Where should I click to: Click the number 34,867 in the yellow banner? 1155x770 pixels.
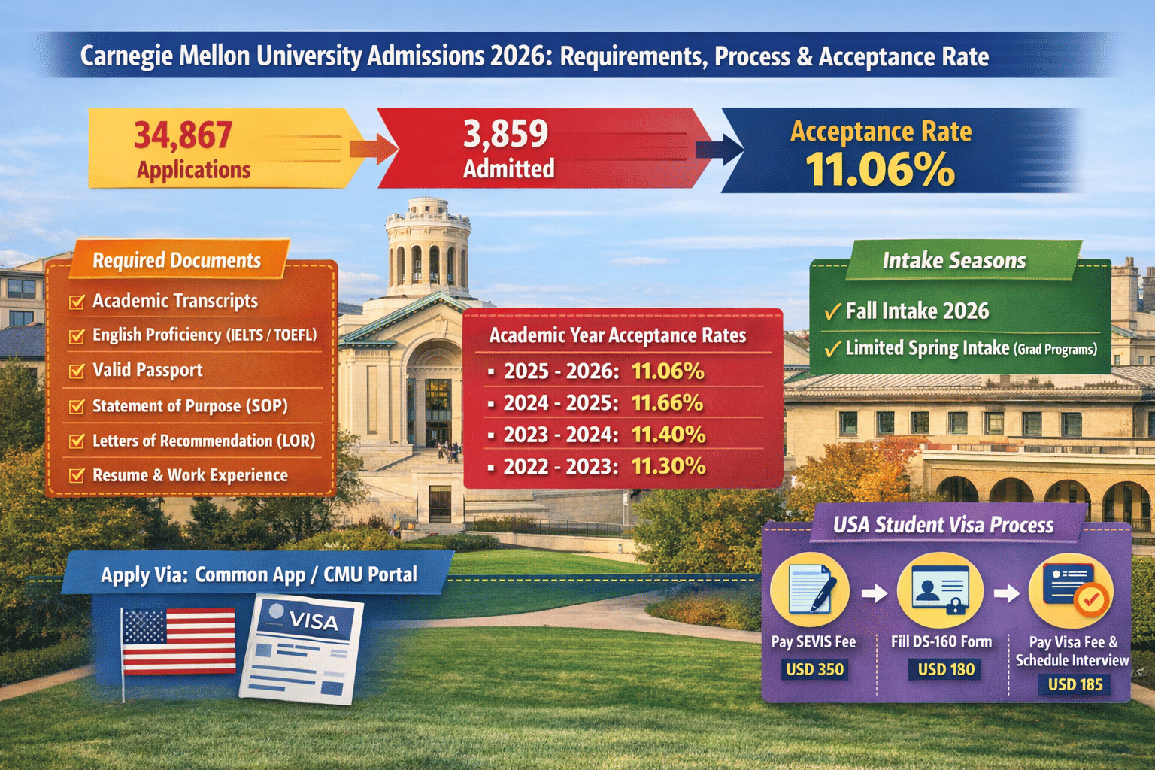pos(183,135)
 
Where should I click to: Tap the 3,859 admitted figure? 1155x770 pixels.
pos(505,134)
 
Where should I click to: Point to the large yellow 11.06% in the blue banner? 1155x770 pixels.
pos(880,170)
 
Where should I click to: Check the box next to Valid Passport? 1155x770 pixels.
pos(77,371)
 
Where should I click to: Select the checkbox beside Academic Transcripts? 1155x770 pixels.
pos(77,302)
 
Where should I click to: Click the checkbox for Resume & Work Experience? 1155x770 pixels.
pos(77,475)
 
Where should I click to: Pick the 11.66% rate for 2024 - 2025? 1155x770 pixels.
pos(667,403)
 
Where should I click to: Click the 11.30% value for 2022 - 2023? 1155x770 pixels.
pos(668,466)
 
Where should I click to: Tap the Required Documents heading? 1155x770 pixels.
pos(177,260)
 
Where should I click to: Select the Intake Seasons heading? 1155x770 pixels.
pos(953,260)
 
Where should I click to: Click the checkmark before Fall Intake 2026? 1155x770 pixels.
pos(832,311)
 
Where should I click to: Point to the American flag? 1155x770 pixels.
pos(178,641)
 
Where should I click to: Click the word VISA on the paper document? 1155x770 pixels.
pos(313,621)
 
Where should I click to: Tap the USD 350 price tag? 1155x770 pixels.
pos(814,669)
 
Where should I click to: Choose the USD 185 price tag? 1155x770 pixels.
pos(1075,684)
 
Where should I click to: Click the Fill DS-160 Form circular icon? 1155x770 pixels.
pos(940,590)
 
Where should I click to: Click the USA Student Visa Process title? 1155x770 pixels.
pos(943,525)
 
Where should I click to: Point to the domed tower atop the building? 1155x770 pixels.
pos(428,248)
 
